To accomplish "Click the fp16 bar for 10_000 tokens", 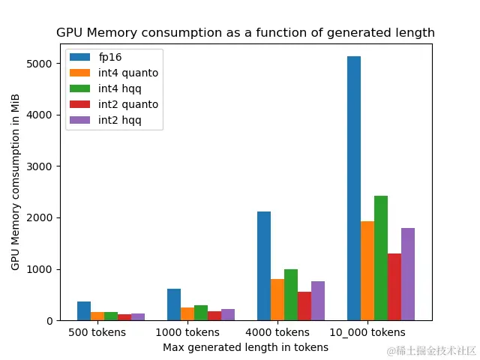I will point(354,188).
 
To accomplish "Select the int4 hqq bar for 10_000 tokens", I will point(381,258).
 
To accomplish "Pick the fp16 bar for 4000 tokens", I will point(264,266).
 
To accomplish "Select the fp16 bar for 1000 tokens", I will point(174,304).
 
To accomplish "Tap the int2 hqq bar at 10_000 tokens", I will point(408,274).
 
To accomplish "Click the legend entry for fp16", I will point(109,57).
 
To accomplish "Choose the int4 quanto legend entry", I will point(127,73).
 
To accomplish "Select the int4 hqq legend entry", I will point(120,88).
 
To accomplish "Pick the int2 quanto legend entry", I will point(127,104).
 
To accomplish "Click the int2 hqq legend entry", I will point(120,120).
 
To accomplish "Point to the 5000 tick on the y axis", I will point(42,64).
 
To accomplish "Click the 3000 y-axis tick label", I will point(42,166).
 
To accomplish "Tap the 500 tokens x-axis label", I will point(97,332).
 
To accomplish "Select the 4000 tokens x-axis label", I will point(277,332).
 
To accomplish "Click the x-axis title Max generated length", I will point(245,347).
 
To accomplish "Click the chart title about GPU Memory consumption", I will point(245,33).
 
